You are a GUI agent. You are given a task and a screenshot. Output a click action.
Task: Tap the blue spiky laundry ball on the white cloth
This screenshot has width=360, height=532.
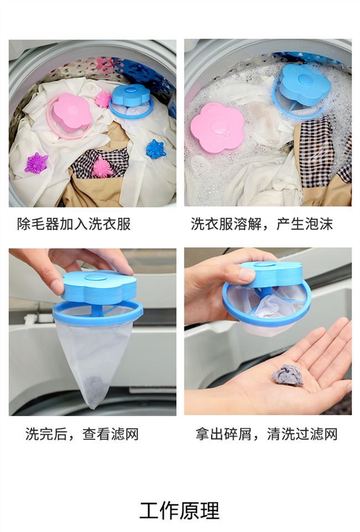155,149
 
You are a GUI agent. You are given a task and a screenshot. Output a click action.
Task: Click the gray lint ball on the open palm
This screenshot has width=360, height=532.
287,375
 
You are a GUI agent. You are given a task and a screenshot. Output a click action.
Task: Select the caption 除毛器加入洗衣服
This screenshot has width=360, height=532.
74,224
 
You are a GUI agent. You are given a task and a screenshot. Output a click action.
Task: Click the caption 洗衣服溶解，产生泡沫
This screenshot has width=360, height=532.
262,224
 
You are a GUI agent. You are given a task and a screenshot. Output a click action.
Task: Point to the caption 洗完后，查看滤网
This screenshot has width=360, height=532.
82,434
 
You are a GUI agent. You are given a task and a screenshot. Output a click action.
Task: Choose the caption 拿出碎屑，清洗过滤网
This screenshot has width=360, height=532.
266,434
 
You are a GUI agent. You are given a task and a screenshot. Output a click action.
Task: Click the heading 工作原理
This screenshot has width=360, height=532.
179,510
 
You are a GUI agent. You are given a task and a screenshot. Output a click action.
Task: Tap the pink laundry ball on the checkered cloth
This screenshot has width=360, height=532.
102,167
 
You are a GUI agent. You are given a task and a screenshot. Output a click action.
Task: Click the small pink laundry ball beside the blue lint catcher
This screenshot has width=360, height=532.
103,99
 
